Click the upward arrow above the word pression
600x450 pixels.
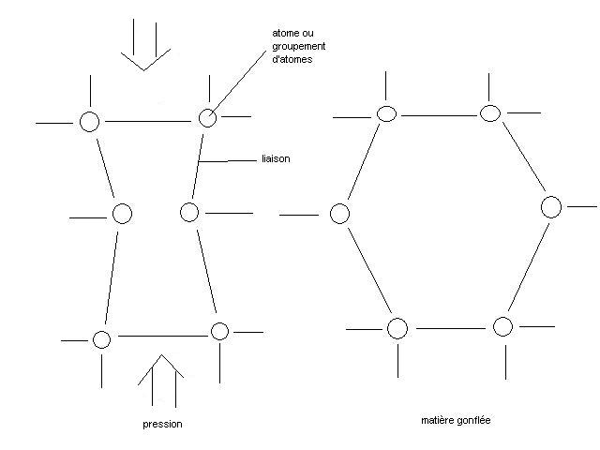(161, 379)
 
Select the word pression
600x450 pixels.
(161, 425)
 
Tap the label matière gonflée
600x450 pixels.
(457, 421)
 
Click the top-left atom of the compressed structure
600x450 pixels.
(89, 121)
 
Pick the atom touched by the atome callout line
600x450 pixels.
(207, 117)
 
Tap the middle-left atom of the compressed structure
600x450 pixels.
(121, 214)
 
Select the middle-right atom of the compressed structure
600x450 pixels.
(189, 212)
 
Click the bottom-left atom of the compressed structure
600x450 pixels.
(101, 338)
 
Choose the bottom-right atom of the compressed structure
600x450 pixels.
(219, 331)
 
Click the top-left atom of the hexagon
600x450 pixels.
(386, 113)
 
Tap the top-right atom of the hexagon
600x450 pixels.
(488, 113)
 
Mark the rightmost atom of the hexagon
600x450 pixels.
(551, 206)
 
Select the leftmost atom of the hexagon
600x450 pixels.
(340, 214)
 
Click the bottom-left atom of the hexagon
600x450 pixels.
(397, 328)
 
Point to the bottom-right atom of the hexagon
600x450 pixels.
(502, 326)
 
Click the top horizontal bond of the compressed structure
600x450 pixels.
(148, 120)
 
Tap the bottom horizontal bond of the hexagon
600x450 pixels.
(450, 328)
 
